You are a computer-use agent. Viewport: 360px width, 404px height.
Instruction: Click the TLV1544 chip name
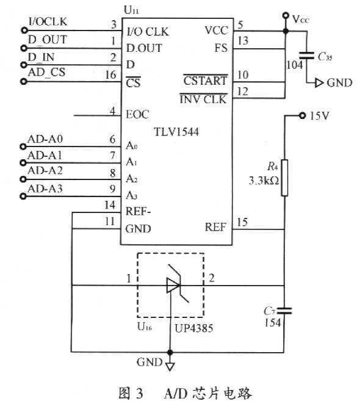[x=176, y=132]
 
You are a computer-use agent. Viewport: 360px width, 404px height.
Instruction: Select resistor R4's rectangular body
[x=284, y=178]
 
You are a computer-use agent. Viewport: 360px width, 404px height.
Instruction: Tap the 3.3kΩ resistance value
[x=264, y=181]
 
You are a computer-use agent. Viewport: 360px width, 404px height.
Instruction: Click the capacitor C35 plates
[x=307, y=56]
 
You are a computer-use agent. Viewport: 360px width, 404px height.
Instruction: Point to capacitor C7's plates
[x=284, y=311]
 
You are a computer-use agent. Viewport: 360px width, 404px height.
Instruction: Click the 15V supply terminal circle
[x=302, y=115]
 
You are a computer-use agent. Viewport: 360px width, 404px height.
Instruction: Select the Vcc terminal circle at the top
[x=286, y=15]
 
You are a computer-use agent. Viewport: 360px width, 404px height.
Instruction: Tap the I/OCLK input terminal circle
[x=24, y=31]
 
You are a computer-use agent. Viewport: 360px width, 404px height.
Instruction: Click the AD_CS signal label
[x=46, y=72]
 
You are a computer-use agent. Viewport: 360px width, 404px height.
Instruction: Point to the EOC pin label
[x=137, y=114]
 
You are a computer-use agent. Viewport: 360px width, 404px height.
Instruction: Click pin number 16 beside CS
[x=110, y=74]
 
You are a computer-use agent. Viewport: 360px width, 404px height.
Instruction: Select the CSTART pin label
[x=205, y=81]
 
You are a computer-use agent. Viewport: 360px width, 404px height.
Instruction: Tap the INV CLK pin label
[x=203, y=99]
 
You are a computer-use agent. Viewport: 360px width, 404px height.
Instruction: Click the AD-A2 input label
[x=45, y=170]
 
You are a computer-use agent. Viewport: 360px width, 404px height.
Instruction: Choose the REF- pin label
[x=138, y=212]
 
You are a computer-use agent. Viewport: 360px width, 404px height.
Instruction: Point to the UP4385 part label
[x=194, y=328]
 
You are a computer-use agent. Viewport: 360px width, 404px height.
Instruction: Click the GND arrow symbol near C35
[x=319, y=83]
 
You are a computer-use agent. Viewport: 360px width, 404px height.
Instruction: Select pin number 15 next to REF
[x=242, y=222]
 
